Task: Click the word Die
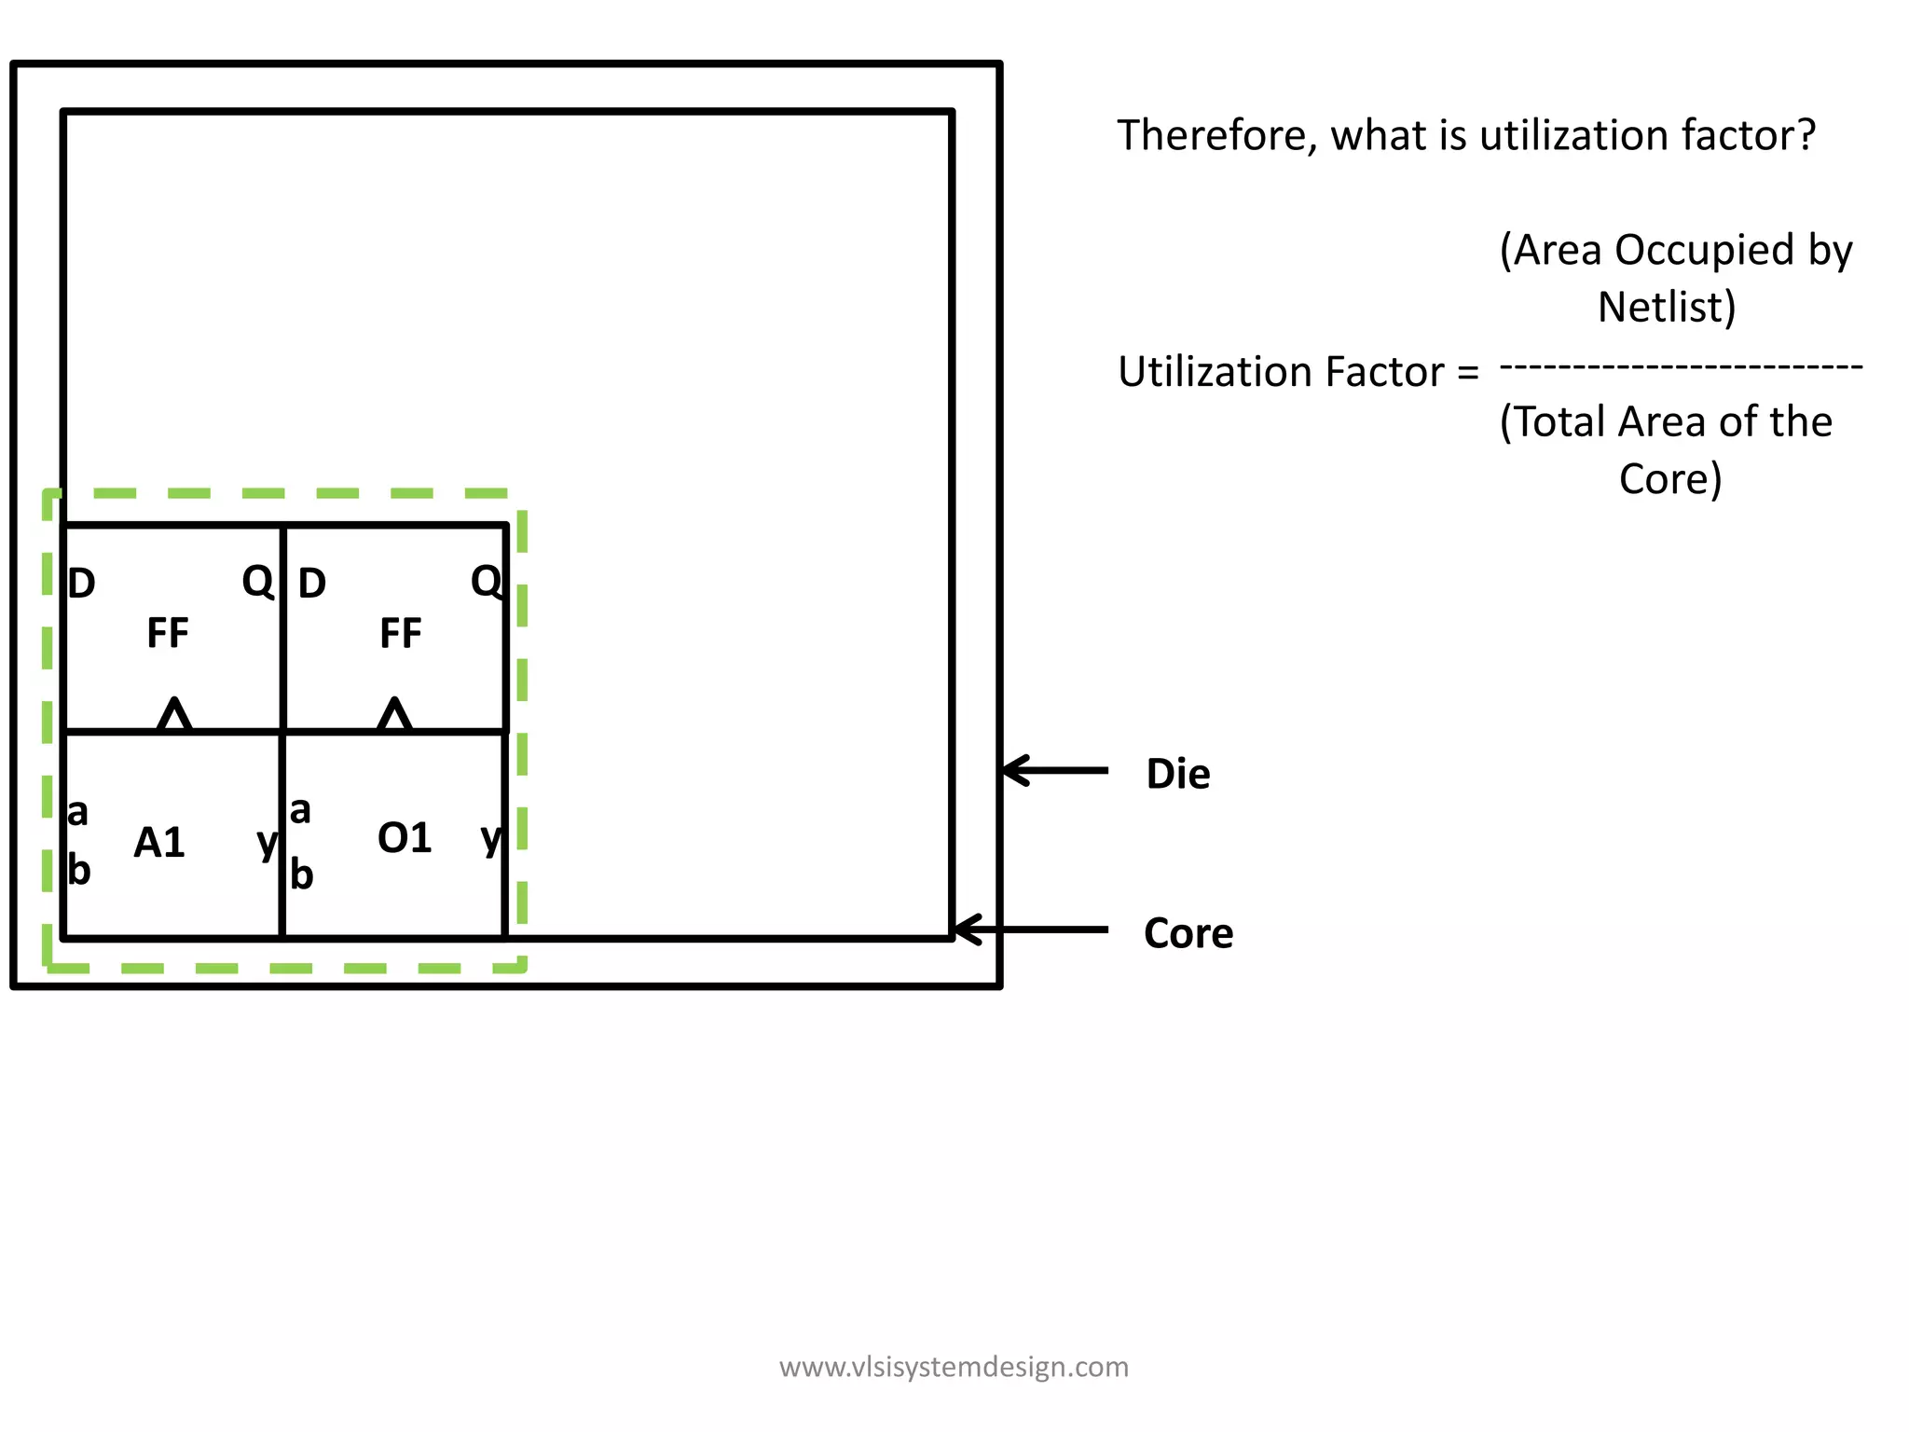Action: coord(1177,775)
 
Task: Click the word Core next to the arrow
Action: coord(1188,933)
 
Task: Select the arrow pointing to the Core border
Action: coord(1031,929)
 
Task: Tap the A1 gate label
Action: coord(159,843)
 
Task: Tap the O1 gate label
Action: coord(404,838)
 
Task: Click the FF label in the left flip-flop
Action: coord(168,633)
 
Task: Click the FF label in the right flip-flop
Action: coord(401,634)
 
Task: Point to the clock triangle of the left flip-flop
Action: coord(174,715)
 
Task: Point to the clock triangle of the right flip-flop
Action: coord(395,715)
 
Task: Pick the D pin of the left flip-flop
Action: coord(82,585)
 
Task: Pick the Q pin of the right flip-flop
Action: coord(486,582)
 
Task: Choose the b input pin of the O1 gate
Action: coord(301,874)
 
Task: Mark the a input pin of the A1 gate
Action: coord(78,813)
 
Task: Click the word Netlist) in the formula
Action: coord(1666,308)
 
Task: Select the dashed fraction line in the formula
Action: coord(1681,367)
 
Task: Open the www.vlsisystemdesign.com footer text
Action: coord(954,1367)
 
